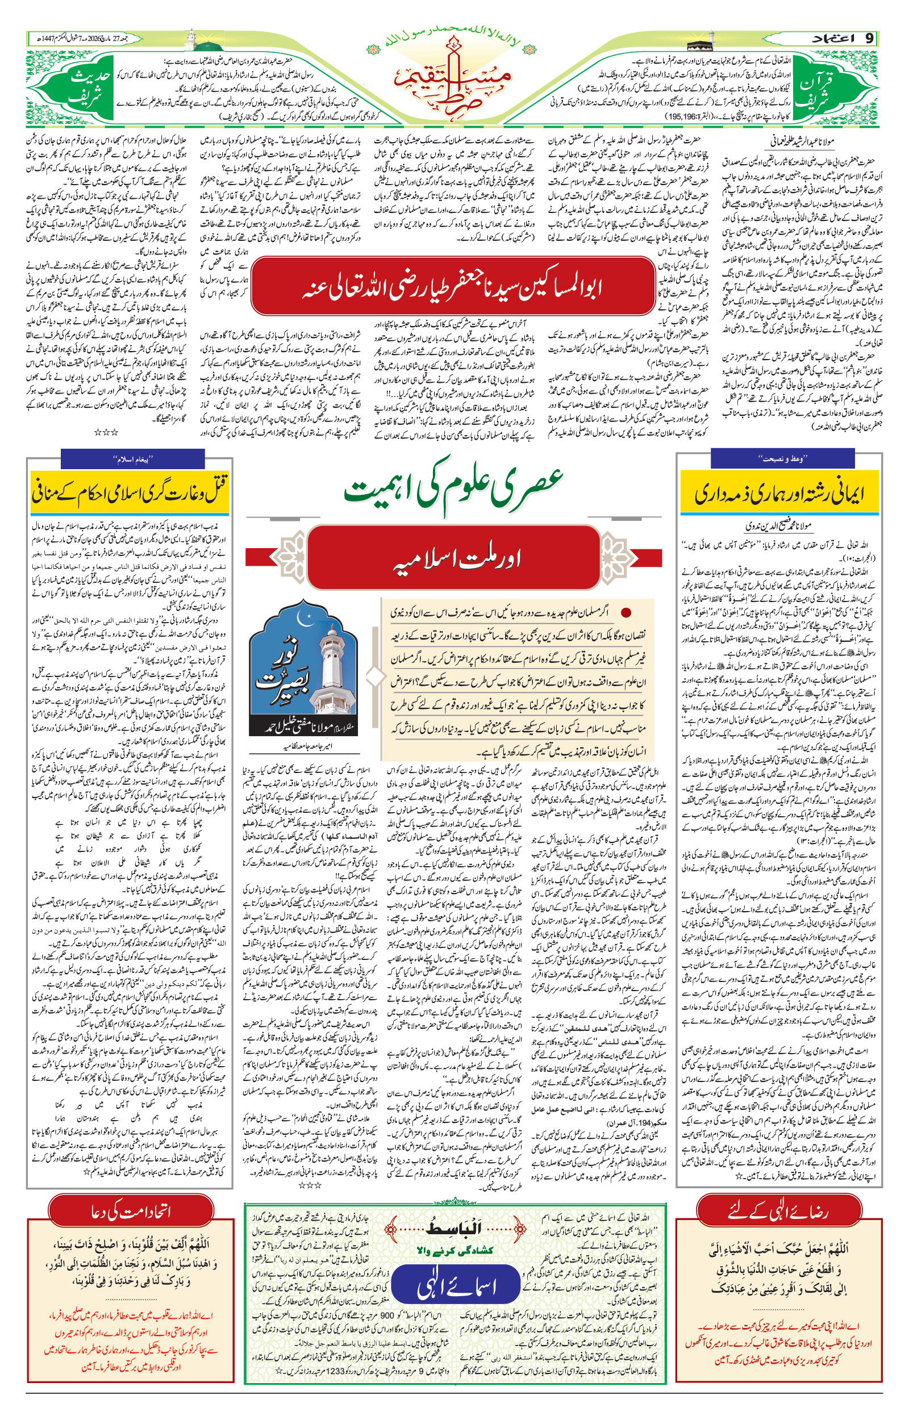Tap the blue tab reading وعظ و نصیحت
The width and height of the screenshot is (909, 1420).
point(782,458)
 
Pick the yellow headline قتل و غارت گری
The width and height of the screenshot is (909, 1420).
point(131,492)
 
